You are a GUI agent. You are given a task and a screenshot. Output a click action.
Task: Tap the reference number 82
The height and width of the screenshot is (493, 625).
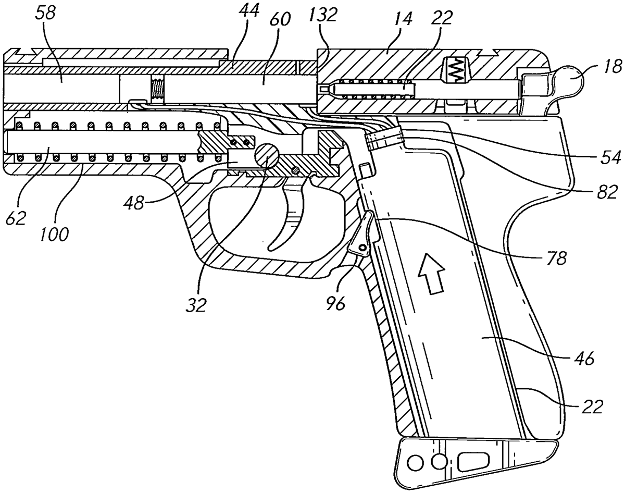pos(607,191)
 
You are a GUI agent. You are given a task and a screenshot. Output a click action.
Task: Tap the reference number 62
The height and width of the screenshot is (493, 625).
pos(16,217)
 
